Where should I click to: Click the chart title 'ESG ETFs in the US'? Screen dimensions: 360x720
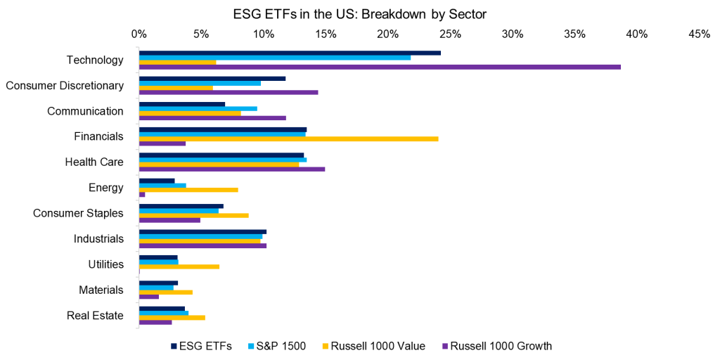click(x=359, y=13)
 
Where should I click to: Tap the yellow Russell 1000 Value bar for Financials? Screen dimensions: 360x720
click(x=288, y=139)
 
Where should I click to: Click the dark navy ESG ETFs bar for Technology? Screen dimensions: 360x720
click(x=290, y=53)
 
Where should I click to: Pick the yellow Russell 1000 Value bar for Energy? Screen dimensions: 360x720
click(x=188, y=190)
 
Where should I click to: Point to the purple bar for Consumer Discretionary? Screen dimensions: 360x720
click(x=229, y=92)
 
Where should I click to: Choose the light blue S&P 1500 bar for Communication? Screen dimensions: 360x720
click(x=198, y=108)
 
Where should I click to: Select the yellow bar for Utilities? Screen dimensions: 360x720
click(x=179, y=266)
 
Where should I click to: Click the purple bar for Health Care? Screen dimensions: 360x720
click(x=232, y=169)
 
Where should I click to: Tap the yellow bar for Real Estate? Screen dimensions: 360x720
click(x=172, y=317)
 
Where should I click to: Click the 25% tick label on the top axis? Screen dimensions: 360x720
click(x=450, y=34)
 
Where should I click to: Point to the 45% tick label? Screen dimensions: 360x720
click(x=700, y=34)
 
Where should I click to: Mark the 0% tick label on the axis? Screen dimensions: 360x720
click(x=139, y=34)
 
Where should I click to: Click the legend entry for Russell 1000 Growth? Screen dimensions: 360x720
click(x=496, y=345)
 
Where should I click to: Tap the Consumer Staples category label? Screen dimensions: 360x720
click(x=78, y=213)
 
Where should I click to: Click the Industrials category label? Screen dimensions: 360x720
click(x=98, y=239)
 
